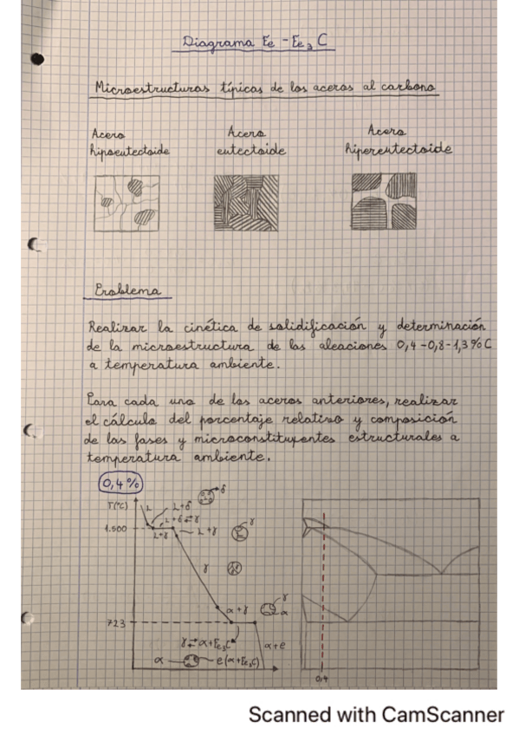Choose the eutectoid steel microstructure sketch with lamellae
pyautogui.click(x=247, y=203)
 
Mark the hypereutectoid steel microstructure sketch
pyautogui.click(x=384, y=201)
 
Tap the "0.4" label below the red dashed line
pyautogui.click(x=321, y=677)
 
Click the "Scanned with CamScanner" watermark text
pyautogui.click(x=376, y=715)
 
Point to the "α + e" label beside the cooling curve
pyautogui.click(x=274, y=645)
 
